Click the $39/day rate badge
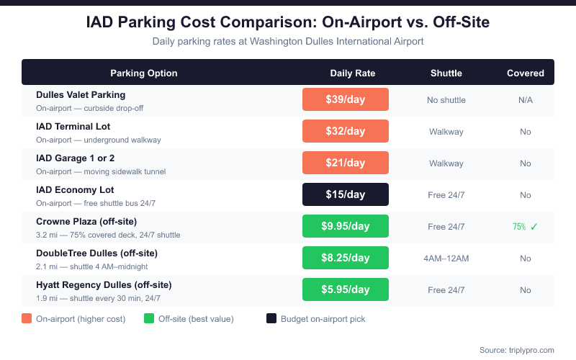pyautogui.click(x=346, y=99)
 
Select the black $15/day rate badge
pyautogui.click(x=346, y=194)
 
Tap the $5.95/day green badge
pyautogui.click(x=346, y=289)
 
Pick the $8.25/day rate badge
pyautogui.click(x=346, y=258)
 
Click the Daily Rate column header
pyautogui.click(x=353, y=73)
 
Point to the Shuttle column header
pyautogui.click(x=446, y=73)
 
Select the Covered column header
pyautogui.click(x=526, y=73)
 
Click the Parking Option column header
pyautogui.click(x=144, y=73)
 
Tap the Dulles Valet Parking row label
pyautogui.click(x=81, y=94)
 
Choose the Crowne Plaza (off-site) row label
pyautogui.click(x=86, y=221)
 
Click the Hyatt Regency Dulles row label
pyautogui.click(x=104, y=284)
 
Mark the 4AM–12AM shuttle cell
pyautogui.click(x=446, y=258)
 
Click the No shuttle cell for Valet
pyautogui.click(x=446, y=99)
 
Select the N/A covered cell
pyautogui.click(x=526, y=99)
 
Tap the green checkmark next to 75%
pyautogui.click(x=534, y=226)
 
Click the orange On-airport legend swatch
pyautogui.click(x=27, y=318)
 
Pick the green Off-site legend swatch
pyautogui.click(x=149, y=318)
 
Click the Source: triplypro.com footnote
pyautogui.click(x=516, y=349)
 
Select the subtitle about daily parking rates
pyautogui.click(x=288, y=41)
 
